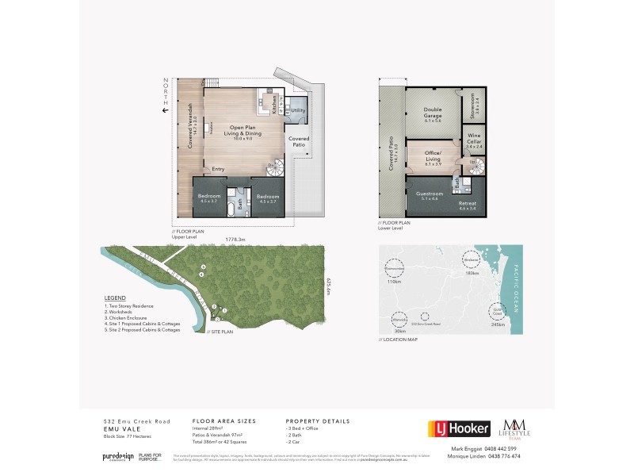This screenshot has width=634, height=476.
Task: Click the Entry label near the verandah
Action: (x=217, y=169)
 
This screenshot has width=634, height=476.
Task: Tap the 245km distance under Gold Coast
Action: (x=497, y=324)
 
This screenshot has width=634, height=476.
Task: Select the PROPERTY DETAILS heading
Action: (x=317, y=421)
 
